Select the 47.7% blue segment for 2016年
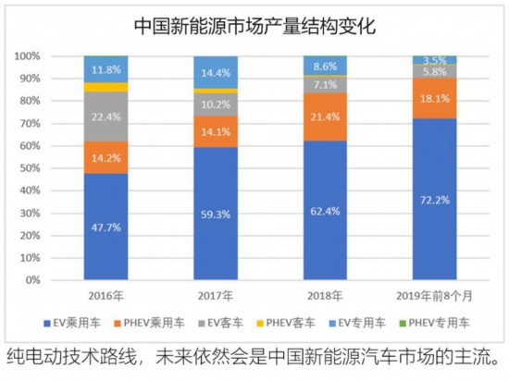click(106, 226)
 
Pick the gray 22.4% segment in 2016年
click(106, 116)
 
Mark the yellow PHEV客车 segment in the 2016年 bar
click(106, 87)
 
